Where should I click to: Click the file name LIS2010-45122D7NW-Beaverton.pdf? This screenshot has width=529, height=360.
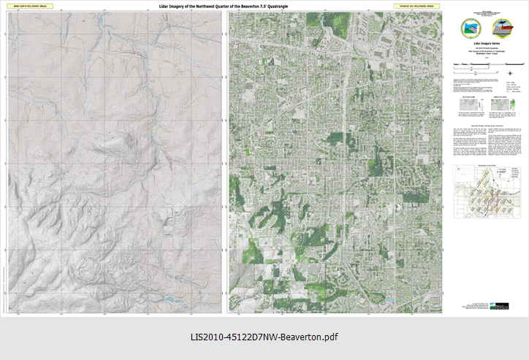tap(264, 337)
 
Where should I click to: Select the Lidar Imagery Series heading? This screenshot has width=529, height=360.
tap(484, 44)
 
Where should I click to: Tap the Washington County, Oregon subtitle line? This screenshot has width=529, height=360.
tap(484, 55)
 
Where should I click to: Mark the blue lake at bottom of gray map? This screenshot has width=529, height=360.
tap(172, 299)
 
